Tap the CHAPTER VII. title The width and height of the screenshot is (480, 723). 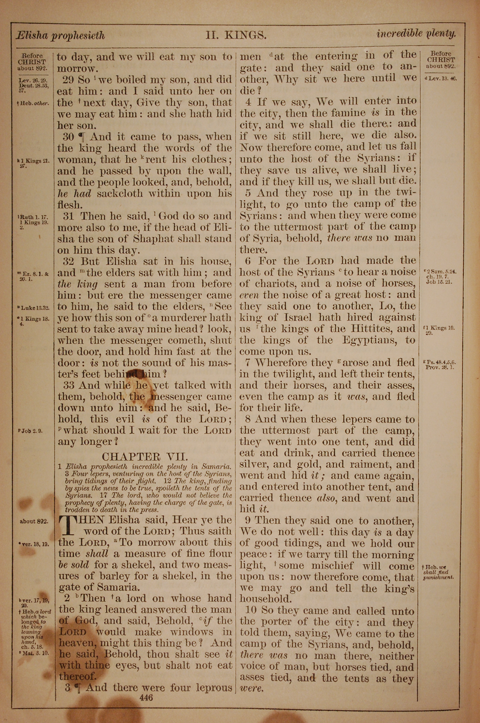click(x=144, y=457)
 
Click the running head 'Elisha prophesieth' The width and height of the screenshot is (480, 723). click(x=60, y=36)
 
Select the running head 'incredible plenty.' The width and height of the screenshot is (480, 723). click(x=416, y=33)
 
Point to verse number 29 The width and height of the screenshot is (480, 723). click(x=68, y=80)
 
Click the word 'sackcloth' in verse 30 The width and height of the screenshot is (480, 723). click(x=120, y=193)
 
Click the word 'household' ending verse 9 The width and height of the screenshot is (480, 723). click(x=264, y=599)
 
